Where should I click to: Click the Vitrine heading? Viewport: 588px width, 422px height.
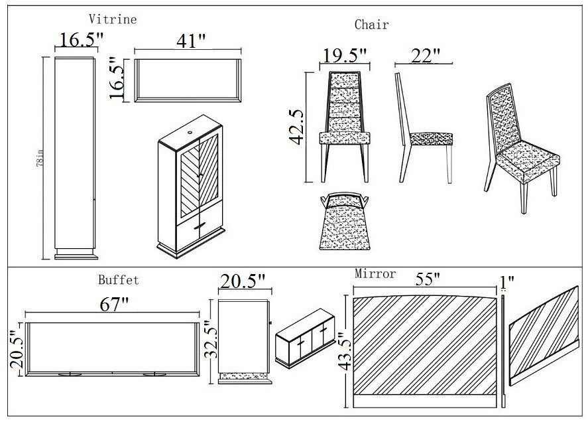[113, 19]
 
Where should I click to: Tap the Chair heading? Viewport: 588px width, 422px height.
[371, 25]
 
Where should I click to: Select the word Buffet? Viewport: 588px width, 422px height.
[119, 280]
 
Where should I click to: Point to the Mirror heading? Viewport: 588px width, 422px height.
[375, 273]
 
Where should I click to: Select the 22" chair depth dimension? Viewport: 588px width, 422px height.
[425, 56]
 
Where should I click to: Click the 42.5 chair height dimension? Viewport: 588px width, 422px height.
[296, 127]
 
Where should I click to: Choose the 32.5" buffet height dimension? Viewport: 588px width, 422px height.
[210, 341]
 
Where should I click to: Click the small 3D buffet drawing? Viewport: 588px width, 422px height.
[304, 338]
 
